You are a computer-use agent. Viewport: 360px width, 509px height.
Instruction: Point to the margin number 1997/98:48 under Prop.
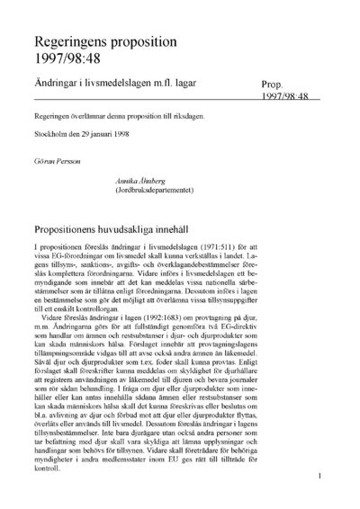point(286,95)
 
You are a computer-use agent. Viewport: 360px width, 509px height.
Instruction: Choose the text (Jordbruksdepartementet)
point(155,190)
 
